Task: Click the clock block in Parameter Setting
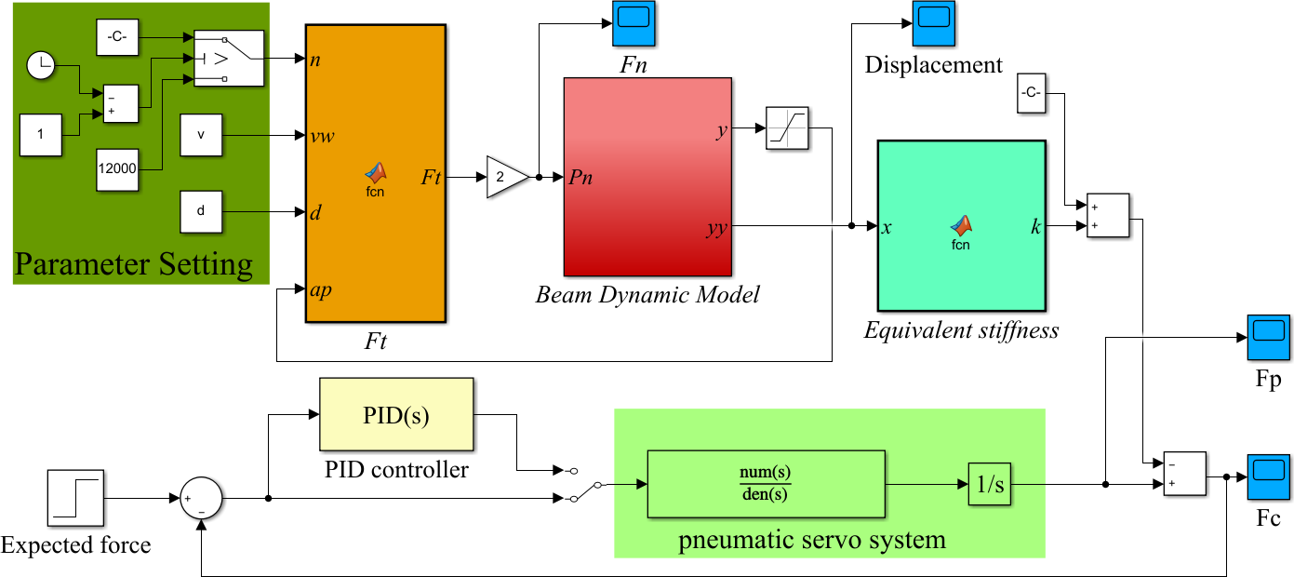(x=40, y=65)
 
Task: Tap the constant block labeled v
(x=201, y=136)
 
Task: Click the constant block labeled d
(x=201, y=211)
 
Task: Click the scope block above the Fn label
(x=634, y=23)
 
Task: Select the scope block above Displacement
(x=933, y=23)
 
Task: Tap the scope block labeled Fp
(x=1267, y=336)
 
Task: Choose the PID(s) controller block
(x=396, y=415)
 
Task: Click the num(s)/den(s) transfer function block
(x=766, y=484)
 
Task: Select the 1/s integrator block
(x=989, y=484)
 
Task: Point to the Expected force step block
(x=76, y=498)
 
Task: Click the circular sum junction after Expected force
(x=201, y=498)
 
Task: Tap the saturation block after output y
(x=787, y=128)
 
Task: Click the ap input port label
(x=322, y=289)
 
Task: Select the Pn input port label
(x=580, y=177)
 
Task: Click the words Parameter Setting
(x=133, y=264)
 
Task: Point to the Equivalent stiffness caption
(x=961, y=329)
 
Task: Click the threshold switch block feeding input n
(x=229, y=59)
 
